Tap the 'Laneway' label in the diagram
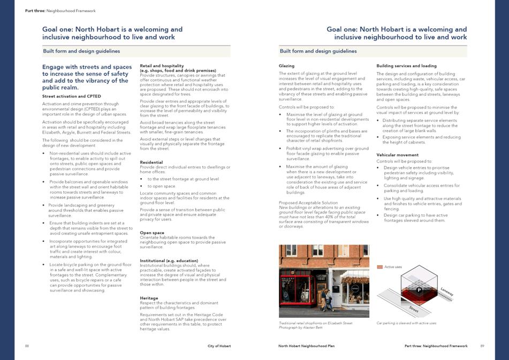point(447,292)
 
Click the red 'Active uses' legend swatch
point(380,266)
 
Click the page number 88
point(27,346)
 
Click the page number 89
point(482,346)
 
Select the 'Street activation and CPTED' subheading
point(71,96)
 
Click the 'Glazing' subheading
point(286,66)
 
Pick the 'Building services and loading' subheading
point(406,66)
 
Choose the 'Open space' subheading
point(152,233)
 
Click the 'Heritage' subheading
point(149,298)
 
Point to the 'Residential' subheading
point(151,162)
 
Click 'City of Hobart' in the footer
point(219,346)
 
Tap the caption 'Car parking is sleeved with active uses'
point(406,323)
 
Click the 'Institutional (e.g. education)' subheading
point(169,261)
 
